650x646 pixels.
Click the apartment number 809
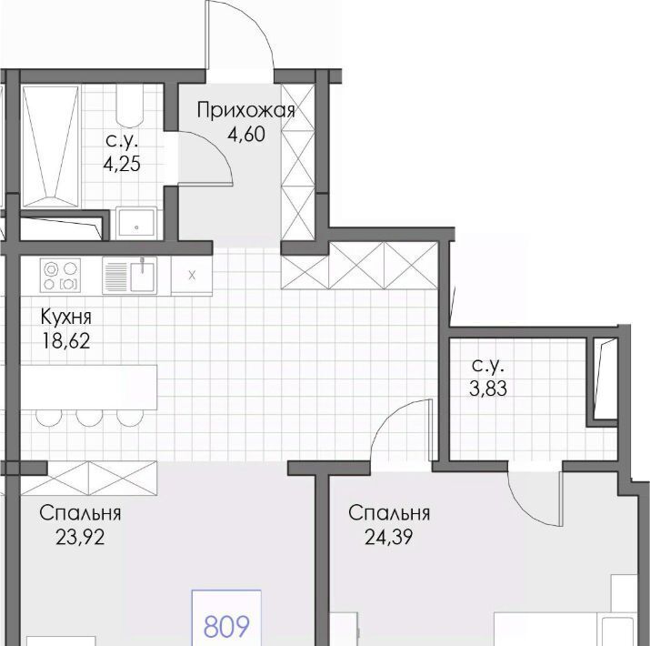226,627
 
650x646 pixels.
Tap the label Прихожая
245,111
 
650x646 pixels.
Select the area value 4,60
246,135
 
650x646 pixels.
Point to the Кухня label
66,318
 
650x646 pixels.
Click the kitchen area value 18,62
66,341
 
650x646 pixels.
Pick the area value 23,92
80,538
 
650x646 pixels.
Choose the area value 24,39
388,538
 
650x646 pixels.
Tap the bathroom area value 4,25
122,165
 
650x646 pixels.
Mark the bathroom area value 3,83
488,389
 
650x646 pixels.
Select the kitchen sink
130,276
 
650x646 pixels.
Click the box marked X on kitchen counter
192,276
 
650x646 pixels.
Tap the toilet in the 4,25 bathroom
130,106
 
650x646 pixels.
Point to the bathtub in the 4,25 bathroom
51,146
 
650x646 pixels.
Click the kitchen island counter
89,387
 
